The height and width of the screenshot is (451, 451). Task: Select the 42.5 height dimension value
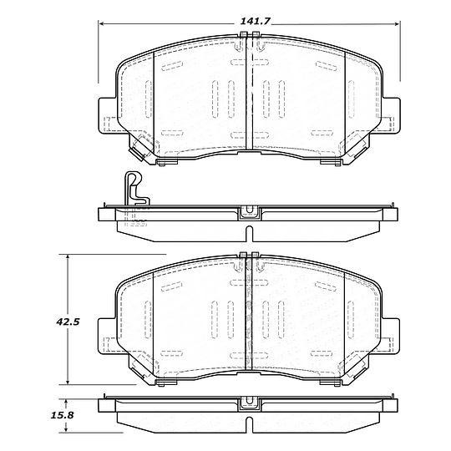click(68, 322)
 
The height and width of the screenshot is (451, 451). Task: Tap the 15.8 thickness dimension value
click(63, 415)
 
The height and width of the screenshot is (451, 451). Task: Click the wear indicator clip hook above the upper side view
click(136, 189)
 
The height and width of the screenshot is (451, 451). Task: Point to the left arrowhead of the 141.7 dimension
click(102, 24)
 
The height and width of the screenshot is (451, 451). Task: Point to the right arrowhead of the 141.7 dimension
click(397, 24)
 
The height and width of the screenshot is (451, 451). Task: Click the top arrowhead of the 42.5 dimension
click(68, 257)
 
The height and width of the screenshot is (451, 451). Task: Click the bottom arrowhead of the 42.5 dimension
click(68, 381)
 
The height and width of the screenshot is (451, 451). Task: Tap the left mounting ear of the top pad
click(107, 115)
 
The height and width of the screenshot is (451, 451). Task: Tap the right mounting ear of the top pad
click(392, 115)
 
